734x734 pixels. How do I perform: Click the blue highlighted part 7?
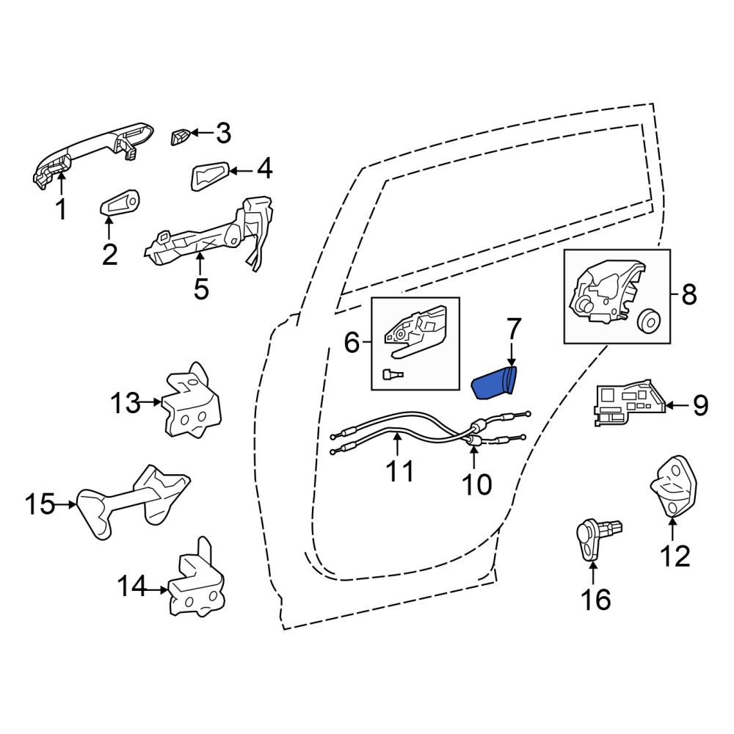(x=493, y=383)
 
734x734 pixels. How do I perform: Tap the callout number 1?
(x=62, y=208)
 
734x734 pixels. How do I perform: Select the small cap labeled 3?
(x=179, y=137)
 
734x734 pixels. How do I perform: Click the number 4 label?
(x=264, y=169)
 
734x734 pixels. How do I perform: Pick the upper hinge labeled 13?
(x=192, y=402)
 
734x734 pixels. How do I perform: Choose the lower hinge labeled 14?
(x=197, y=581)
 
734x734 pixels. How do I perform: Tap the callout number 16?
(x=596, y=600)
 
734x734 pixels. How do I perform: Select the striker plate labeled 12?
(x=674, y=487)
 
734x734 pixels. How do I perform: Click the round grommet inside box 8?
(x=648, y=321)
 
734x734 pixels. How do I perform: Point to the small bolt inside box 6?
(x=392, y=374)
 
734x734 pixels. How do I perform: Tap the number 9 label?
(x=700, y=405)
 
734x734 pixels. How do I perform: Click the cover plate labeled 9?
(x=629, y=402)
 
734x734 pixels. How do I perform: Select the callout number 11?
(x=400, y=471)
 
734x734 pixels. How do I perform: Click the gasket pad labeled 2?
(x=120, y=205)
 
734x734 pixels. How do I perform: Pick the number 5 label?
(x=201, y=289)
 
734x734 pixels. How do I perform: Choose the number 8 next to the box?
(x=689, y=294)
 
